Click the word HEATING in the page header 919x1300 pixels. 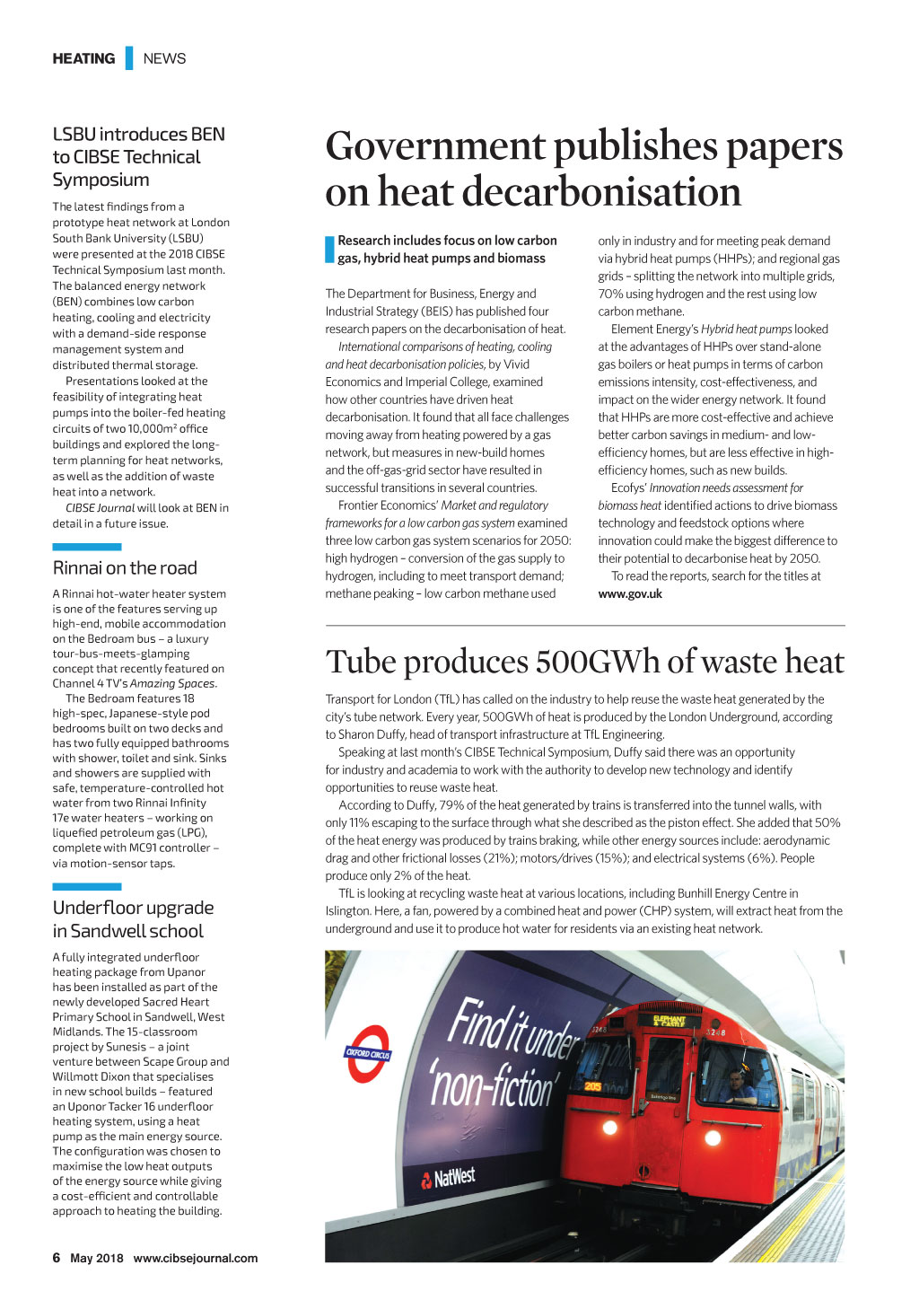pos(83,58)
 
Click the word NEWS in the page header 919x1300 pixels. pos(164,58)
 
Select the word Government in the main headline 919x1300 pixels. pos(435,146)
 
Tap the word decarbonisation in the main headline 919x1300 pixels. pos(559,192)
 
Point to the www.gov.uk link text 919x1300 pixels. pos(630,594)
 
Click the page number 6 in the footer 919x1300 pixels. pos(57,1258)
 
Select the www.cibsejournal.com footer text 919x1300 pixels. pos(195,1258)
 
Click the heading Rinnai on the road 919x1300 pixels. pos(125,568)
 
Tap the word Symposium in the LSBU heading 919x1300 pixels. pos(101,180)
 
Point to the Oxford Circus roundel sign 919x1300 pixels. pos(367,1053)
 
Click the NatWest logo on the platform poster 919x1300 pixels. pos(449,1178)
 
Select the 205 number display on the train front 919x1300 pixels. pos(593,1086)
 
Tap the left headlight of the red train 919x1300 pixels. pos(609,1127)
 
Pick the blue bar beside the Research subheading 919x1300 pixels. pos(329,250)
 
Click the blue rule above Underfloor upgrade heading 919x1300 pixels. pos(86,887)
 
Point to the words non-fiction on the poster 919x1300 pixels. pos(492,1084)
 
